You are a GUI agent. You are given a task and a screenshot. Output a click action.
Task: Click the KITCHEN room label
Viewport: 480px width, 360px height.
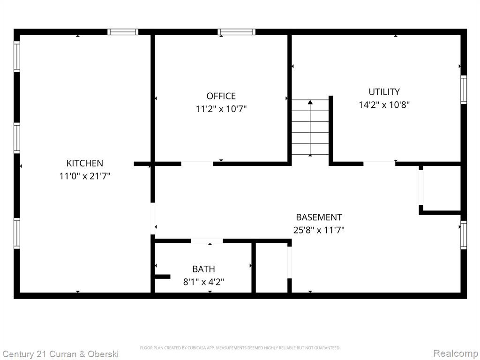85,163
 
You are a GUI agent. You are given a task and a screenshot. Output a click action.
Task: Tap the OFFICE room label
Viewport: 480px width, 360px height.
221,96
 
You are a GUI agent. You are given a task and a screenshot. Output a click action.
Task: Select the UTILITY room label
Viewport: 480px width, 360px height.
384,92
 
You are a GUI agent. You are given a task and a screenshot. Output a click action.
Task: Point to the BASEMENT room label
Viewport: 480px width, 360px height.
319,217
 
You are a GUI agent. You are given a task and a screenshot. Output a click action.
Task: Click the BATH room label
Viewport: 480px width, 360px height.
203,269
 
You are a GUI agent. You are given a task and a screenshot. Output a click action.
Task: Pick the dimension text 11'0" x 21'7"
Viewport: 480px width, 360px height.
85,176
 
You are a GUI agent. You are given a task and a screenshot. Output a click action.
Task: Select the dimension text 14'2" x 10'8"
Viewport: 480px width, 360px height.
384,105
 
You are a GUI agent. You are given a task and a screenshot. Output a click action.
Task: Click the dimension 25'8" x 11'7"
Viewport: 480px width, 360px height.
319,230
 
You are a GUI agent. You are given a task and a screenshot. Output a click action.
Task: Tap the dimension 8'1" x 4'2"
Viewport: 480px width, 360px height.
203,282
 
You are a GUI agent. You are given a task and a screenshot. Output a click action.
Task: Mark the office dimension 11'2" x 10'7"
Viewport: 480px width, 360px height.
221,109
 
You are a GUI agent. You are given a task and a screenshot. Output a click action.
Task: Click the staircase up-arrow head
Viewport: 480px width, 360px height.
310,102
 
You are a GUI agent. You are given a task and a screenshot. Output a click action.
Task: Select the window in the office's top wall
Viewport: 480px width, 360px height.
236,32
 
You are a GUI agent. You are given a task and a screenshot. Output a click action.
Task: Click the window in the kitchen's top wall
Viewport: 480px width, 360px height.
123,32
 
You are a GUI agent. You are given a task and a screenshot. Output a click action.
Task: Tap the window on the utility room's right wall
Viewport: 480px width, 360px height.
464,90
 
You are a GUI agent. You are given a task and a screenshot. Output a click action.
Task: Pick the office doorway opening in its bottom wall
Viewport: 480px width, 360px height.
197,164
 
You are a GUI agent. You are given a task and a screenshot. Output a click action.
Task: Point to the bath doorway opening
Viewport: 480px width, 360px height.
207,241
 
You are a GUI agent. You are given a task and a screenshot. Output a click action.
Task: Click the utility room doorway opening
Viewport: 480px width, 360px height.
379,164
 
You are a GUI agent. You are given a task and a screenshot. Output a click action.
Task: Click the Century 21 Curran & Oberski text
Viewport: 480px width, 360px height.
60,354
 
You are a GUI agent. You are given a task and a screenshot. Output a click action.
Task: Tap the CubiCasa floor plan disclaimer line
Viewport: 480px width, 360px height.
240,348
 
